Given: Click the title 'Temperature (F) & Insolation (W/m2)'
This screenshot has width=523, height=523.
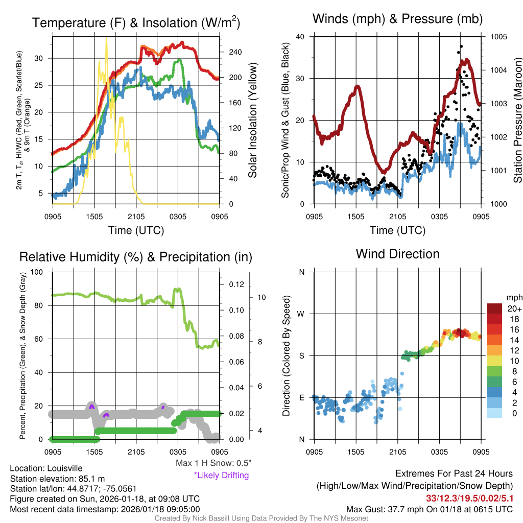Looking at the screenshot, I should click(x=136, y=23).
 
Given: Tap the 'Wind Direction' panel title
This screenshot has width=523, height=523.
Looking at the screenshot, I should click(x=397, y=254).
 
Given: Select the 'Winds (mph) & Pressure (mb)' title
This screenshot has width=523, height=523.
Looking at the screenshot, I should click(x=397, y=19).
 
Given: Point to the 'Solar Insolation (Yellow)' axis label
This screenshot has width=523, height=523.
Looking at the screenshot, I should click(x=252, y=121).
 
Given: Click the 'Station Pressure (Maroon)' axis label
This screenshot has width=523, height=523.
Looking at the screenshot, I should click(x=517, y=121).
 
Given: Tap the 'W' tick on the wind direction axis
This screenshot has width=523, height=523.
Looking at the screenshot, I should click(x=301, y=314).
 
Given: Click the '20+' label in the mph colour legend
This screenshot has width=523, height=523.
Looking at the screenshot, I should click(x=513, y=308).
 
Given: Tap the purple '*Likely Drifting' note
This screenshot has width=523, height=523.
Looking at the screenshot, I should click(x=221, y=475).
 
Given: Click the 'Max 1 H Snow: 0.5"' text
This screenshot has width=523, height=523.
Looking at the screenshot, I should click(x=213, y=463).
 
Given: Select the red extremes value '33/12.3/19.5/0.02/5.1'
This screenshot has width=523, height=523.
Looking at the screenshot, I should click(x=469, y=498).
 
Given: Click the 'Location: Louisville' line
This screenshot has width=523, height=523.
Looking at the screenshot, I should click(x=46, y=468).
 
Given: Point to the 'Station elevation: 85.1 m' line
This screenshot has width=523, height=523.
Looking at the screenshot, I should click(x=57, y=479).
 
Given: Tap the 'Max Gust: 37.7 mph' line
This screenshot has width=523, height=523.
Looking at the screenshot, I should click(x=430, y=509).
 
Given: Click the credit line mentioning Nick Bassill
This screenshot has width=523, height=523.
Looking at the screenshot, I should click(x=261, y=518).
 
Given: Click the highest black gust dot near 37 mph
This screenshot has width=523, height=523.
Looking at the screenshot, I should click(x=461, y=46).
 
